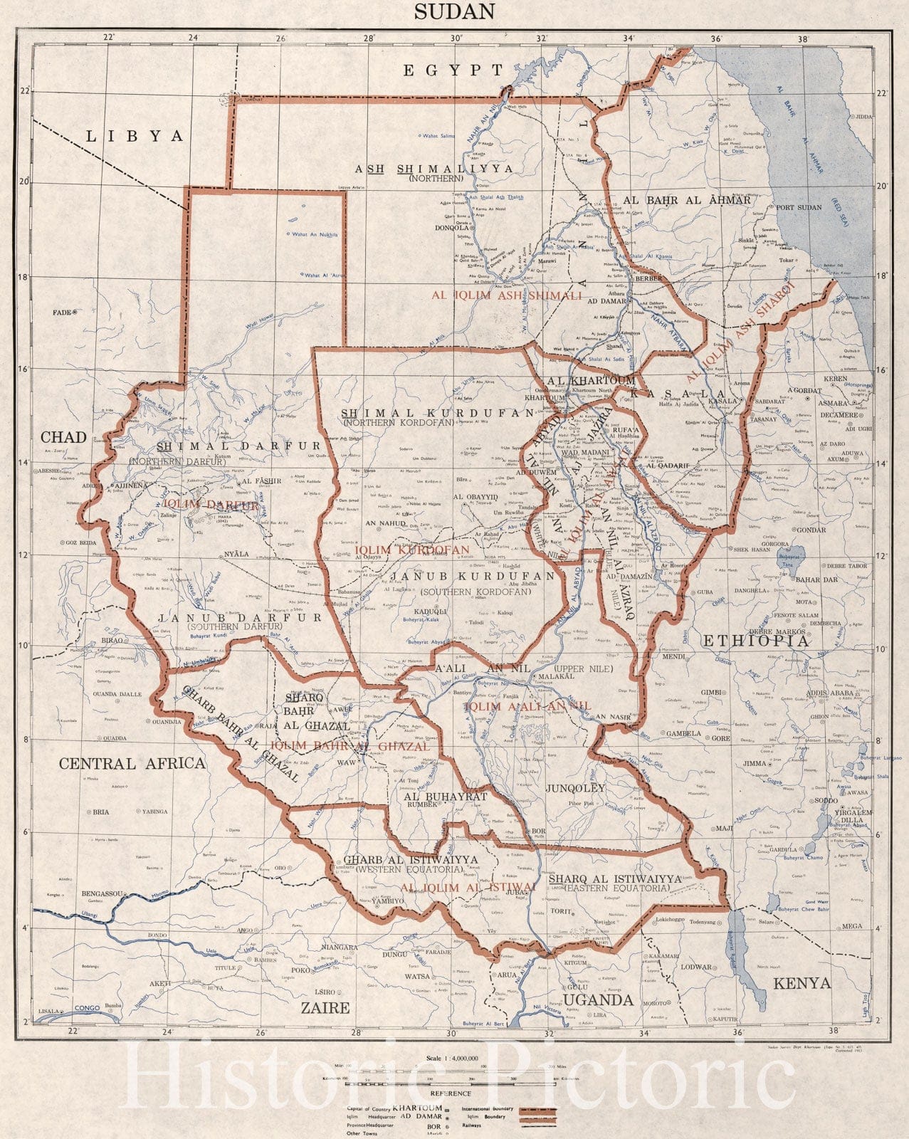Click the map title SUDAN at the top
click(x=454, y=11)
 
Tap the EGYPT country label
click(x=453, y=70)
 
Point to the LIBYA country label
click(x=135, y=136)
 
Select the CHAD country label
click(x=63, y=437)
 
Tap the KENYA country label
click(x=802, y=983)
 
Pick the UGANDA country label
click(x=599, y=1000)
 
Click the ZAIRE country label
click(x=325, y=1007)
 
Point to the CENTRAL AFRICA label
click(x=132, y=764)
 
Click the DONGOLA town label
click(x=451, y=229)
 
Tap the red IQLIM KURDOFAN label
click(x=412, y=550)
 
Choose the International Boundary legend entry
click(x=488, y=1108)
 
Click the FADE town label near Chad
click(x=63, y=312)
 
